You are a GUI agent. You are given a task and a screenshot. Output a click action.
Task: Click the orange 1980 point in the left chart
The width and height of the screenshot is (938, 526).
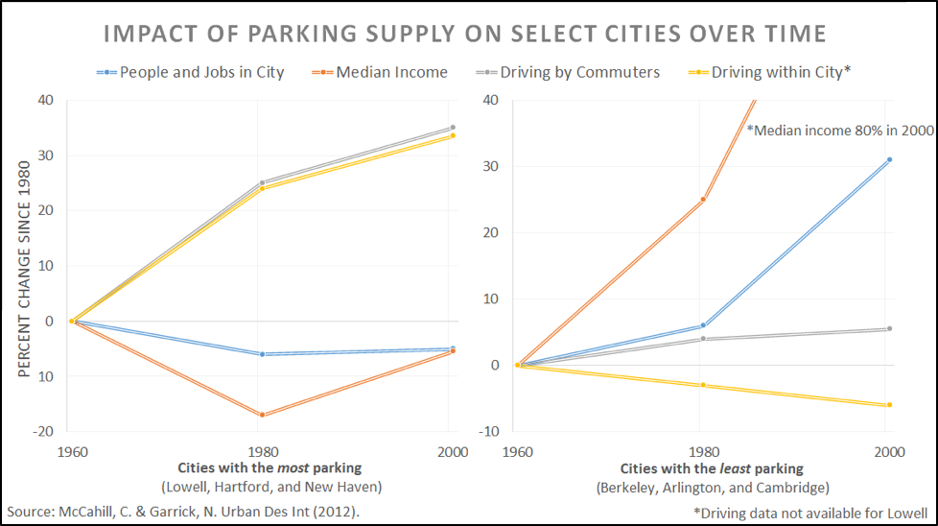click(x=262, y=415)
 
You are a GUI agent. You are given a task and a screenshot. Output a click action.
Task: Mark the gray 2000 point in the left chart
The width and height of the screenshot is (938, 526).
click(x=453, y=128)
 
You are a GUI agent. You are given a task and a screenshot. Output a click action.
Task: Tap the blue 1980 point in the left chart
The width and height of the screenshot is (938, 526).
click(x=262, y=354)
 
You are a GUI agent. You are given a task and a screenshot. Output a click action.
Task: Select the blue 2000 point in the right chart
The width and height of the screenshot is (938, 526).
click(x=889, y=159)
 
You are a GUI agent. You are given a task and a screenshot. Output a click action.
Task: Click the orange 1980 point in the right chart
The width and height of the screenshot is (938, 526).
click(x=703, y=200)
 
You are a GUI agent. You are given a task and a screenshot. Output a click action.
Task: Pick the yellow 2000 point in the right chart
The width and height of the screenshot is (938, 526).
click(x=889, y=405)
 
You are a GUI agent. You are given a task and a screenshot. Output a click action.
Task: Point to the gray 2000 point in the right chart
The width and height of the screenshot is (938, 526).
click(x=889, y=328)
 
